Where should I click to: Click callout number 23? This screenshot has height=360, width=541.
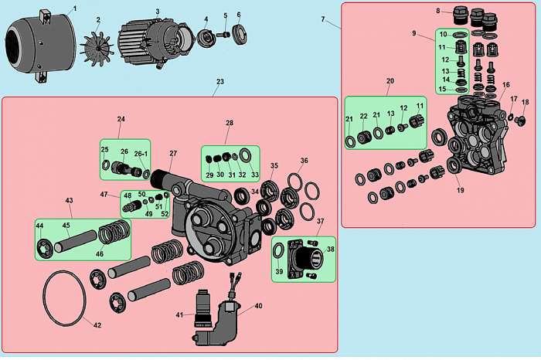pos(220,81)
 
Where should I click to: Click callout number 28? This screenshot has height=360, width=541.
pos(229,123)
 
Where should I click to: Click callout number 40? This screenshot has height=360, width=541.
pos(258,305)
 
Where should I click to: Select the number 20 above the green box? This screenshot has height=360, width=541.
pos(390,81)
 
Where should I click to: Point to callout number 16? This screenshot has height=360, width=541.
pos(506,85)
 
